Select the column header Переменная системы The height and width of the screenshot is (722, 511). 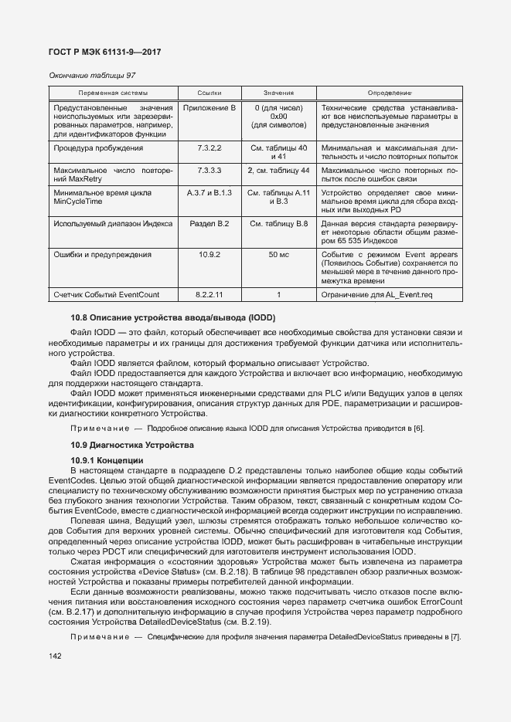pyautogui.click(x=113, y=92)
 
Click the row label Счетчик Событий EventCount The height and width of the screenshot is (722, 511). pyautogui.click(x=107, y=294)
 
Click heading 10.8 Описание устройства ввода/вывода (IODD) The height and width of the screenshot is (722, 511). pyautogui.click(x=173, y=318)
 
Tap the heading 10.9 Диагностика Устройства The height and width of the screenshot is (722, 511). pyautogui.click(x=131, y=445)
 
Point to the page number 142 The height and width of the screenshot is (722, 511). pyautogui.click(x=55, y=656)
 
